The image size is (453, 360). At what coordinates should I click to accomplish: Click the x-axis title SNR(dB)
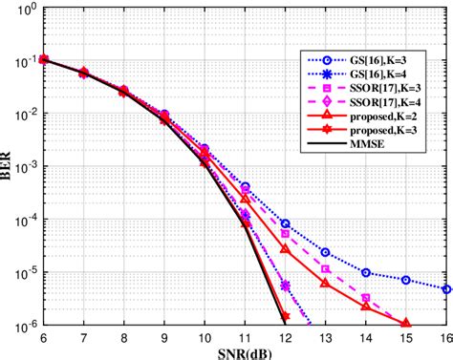tap(244, 351)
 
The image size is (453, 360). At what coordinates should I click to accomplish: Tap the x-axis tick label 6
tap(43, 337)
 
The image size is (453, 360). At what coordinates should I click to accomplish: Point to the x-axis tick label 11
tap(245, 337)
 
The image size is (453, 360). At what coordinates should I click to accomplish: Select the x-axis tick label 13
tap(326, 337)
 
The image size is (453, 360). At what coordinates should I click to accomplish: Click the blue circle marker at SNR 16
tap(447, 288)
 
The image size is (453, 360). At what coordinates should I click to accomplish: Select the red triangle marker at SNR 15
tap(406, 323)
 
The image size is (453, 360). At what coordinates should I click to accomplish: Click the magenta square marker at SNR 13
tap(326, 269)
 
